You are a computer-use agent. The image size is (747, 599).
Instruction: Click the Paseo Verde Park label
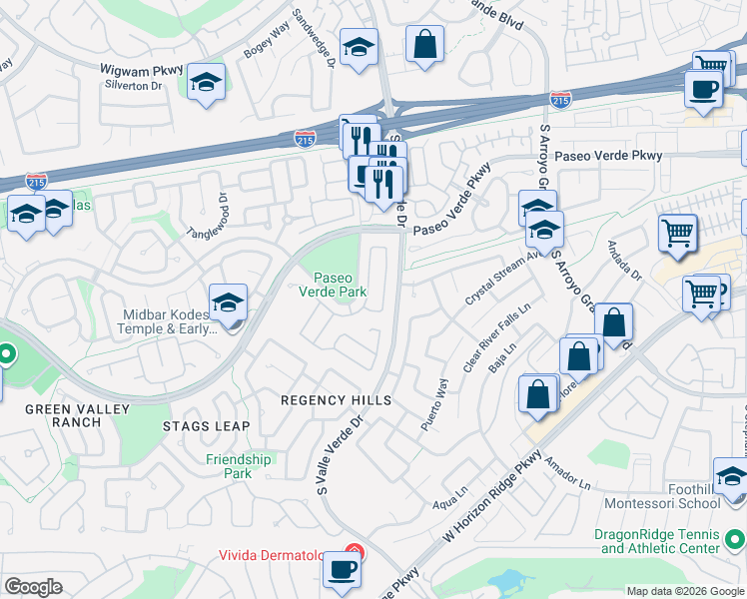pos(334,285)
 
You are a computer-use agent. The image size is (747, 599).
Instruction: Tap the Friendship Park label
pos(239,466)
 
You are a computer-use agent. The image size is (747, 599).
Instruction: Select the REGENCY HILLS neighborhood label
pos(335,400)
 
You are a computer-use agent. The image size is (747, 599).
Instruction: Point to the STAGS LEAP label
pos(206,426)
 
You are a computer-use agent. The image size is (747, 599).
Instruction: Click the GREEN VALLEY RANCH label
pos(64,415)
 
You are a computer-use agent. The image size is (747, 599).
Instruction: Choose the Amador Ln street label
pos(569,470)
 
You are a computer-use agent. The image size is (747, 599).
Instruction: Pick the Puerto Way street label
pos(434,403)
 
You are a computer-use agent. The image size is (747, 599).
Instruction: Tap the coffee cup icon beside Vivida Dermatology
pos(342,570)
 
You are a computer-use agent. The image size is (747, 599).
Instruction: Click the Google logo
pos(33,587)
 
